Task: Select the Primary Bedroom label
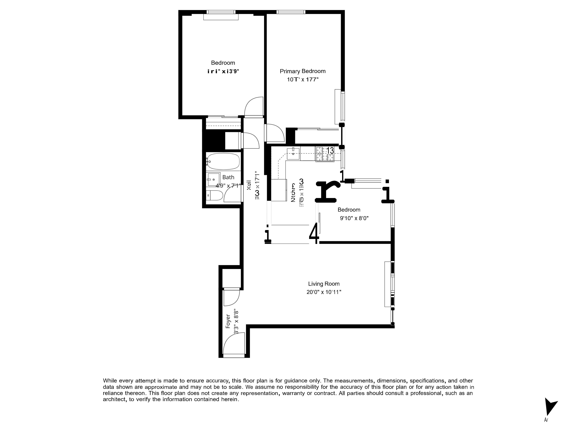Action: (x=303, y=71)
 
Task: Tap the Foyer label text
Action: (x=228, y=321)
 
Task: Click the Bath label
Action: (x=228, y=177)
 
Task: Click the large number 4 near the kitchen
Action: (x=314, y=233)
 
